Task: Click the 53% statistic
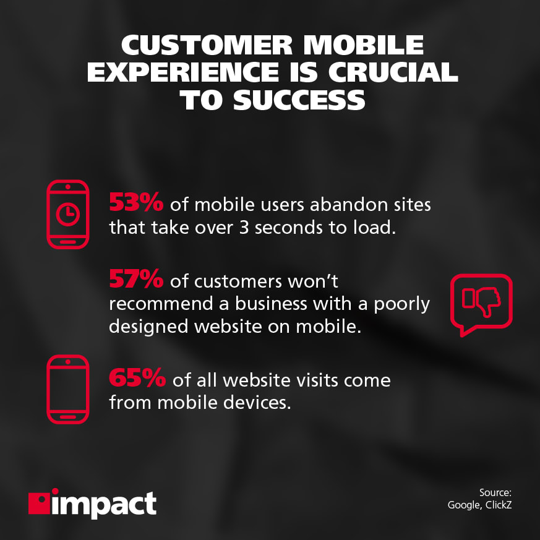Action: (136, 202)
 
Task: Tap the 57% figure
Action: (136, 280)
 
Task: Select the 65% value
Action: (136, 378)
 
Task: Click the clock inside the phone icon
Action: (68, 214)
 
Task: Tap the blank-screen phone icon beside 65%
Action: (68, 389)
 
